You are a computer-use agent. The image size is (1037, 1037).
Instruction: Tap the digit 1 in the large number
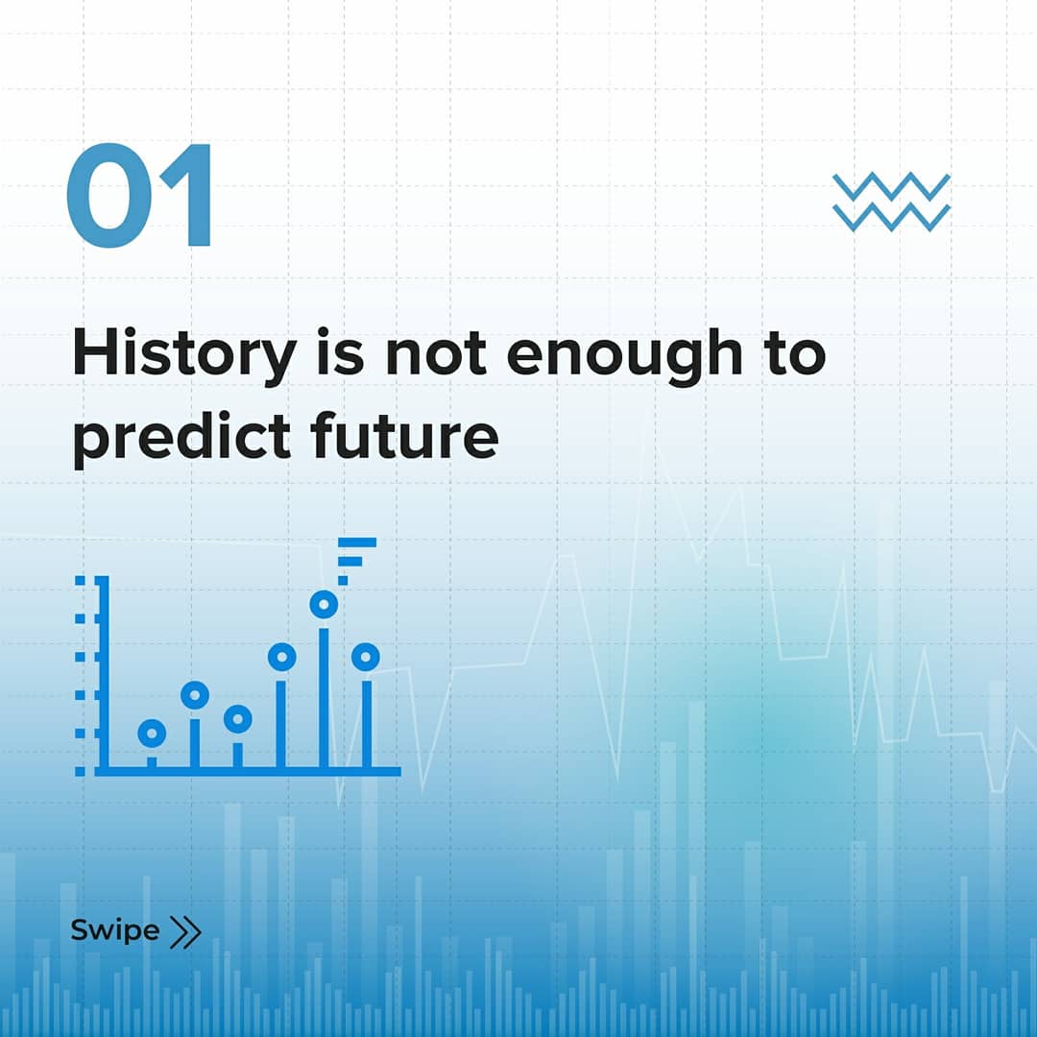click(x=188, y=196)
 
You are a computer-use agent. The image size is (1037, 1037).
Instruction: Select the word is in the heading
click(x=340, y=353)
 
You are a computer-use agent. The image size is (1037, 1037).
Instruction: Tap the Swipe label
click(x=115, y=930)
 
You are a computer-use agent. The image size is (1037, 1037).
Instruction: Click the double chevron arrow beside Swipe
click(x=184, y=931)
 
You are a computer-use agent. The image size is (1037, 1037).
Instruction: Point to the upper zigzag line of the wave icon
click(x=891, y=185)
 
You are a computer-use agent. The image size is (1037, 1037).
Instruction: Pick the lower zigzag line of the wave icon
click(x=891, y=218)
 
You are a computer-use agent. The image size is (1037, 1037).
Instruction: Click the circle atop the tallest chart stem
click(x=324, y=604)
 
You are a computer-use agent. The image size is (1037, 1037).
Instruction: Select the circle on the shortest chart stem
click(x=152, y=733)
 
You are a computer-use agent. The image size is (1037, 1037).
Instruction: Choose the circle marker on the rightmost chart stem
click(x=366, y=657)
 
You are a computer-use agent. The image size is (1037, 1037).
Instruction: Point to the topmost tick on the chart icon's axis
click(x=80, y=581)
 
